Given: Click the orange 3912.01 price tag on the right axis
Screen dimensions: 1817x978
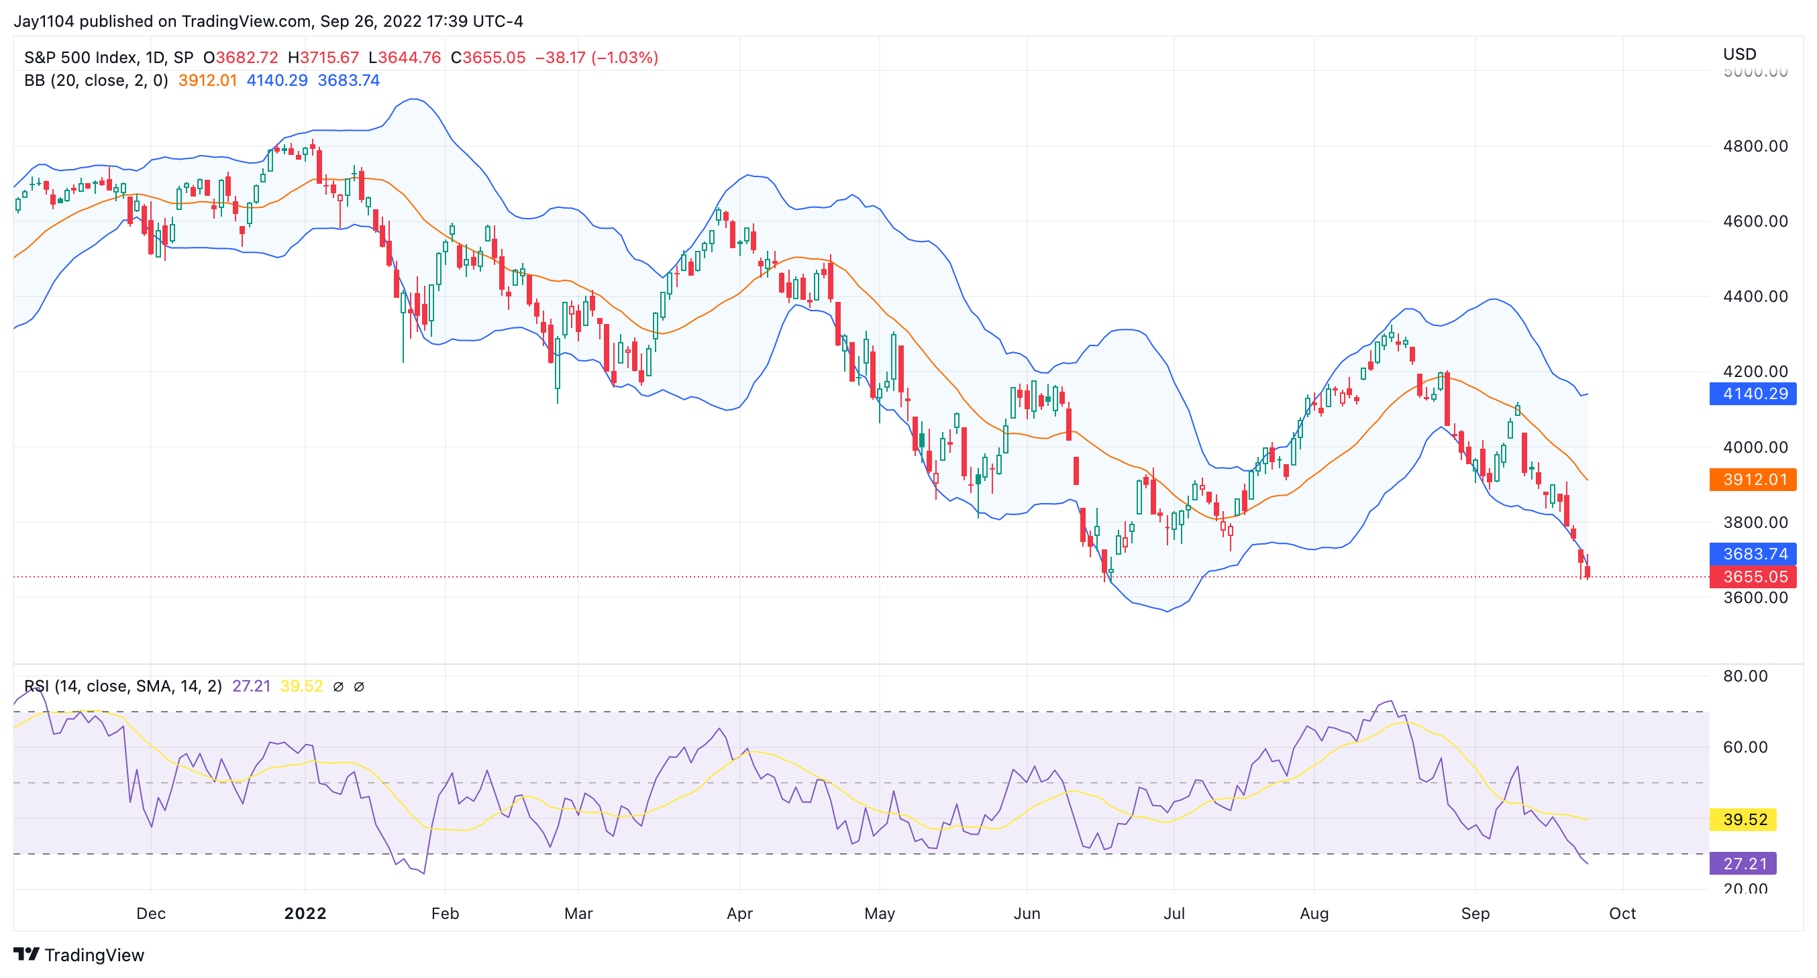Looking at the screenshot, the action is pyautogui.click(x=1752, y=480).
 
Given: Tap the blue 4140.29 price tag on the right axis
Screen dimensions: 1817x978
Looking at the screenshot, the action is pyautogui.click(x=1752, y=394).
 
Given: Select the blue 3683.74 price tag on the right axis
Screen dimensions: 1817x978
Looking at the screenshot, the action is pyautogui.click(x=1752, y=553).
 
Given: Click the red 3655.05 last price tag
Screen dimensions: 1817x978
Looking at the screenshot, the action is pyautogui.click(x=1752, y=577).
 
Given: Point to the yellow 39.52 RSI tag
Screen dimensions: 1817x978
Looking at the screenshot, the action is pyautogui.click(x=1744, y=819).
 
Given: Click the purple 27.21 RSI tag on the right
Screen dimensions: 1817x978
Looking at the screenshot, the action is pyautogui.click(x=1744, y=863).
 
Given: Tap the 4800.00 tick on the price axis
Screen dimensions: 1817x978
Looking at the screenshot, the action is pyautogui.click(x=1755, y=146).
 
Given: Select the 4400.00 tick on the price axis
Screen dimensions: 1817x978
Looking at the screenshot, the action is pyautogui.click(x=1755, y=296).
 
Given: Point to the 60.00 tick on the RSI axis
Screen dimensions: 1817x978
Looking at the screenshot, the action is pyautogui.click(x=1745, y=747).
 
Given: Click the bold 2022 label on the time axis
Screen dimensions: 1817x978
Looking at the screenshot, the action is pyautogui.click(x=305, y=913).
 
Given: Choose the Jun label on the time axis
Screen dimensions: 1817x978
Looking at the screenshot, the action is pyautogui.click(x=1027, y=913).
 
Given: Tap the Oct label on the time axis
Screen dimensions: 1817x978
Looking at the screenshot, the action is pyautogui.click(x=1622, y=913).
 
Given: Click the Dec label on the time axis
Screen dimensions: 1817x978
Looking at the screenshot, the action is pyautogui.click(x=151, y=913).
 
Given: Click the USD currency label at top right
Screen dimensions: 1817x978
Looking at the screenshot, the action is pyautogui.click(x=1739, y=54).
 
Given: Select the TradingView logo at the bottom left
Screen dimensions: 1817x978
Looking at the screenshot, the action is pyautogui.click(x=79, y=955).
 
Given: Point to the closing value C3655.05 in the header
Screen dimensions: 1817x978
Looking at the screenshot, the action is pyautogui.click(x=488, y=57).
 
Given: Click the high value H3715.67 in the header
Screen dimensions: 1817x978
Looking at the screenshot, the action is pyautogui.click(x=323, y=57).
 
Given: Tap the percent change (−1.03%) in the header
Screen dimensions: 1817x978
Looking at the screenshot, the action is pyautogui.click(x=625, y=57).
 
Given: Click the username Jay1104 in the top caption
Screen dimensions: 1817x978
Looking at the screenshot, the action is pyautogui.click(x=44, y=21).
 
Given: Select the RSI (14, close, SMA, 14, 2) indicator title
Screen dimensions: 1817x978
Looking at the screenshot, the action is pyautogui.click(x=123, y=686).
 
